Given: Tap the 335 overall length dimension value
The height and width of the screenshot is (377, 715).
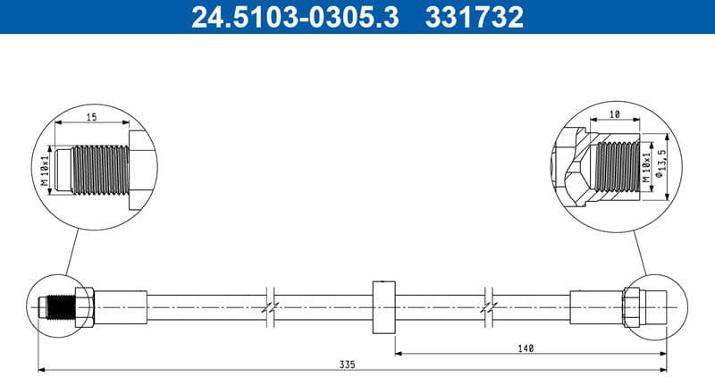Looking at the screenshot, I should (x=347, y=364).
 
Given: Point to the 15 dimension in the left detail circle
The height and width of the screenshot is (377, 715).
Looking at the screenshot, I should (x=91, y=117).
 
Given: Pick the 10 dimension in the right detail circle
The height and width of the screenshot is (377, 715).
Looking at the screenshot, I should (x=615, y=114).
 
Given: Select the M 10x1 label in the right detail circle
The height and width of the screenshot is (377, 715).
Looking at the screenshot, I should (x=646, y=169).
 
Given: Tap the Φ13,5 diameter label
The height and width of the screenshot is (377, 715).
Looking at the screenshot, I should (x=662, y=164).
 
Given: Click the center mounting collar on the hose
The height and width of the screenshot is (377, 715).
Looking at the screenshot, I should (x=383, y=306).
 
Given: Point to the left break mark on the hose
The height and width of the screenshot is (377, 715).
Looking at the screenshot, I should (x=269, y=306).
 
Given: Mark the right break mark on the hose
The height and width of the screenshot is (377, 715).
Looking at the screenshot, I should (x=487, y=306).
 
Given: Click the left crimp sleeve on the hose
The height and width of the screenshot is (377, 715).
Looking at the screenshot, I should (x=121, y=306).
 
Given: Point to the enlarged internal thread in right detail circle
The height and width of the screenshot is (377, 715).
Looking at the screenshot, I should (x=615, y=167).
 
